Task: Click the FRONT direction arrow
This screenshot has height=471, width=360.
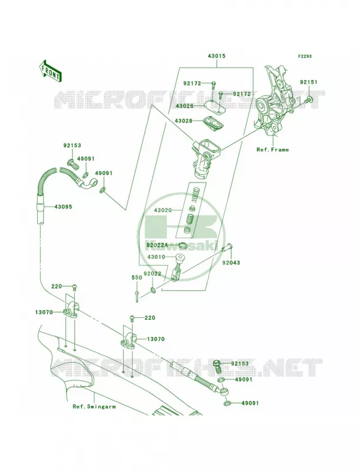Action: (x=50, y=71)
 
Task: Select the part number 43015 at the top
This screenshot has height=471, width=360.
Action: (x=216, y=56)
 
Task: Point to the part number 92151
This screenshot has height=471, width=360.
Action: (x=308, y=82)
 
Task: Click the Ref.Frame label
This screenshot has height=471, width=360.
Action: (x=273, y=150)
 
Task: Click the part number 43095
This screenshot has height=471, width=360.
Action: (x=63, y=207)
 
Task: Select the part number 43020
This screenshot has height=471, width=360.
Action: (x=163, y=210)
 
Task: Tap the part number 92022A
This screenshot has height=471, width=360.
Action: (x=157, y=245)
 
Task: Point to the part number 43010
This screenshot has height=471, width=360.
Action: (x=156, y=257)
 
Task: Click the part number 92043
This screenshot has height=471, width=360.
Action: (x=231, y=263)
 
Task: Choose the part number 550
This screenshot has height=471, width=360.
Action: (x=137, y=278)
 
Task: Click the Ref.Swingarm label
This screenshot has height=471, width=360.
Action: (x=94, y=406)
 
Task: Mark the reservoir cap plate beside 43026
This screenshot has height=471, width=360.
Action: (x=213, y=106)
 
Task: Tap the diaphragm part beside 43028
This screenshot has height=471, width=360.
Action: (x=213, y=123)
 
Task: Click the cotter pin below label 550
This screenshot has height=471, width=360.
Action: (x=137, y=296)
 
